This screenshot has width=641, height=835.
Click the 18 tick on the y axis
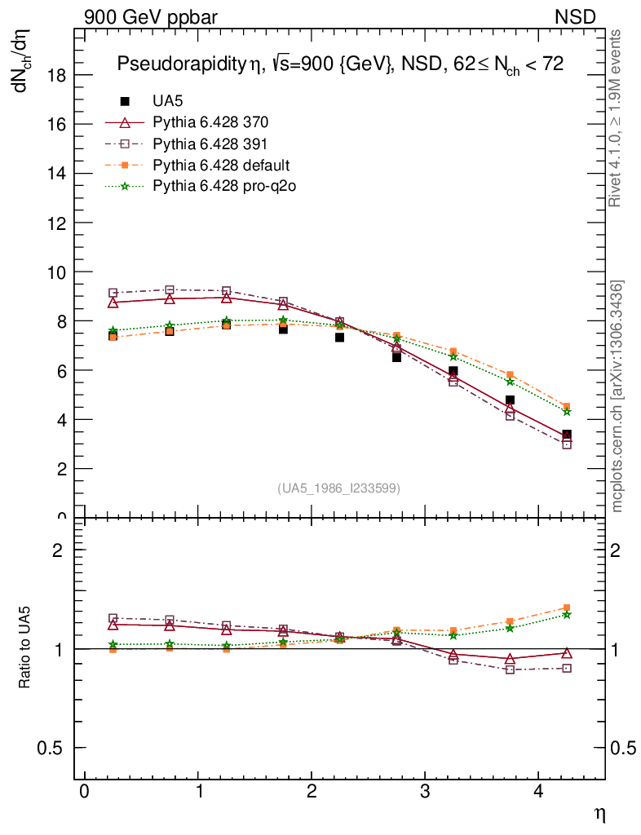60,75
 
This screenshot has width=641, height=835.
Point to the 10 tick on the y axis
60,272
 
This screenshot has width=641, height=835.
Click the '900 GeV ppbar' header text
150,16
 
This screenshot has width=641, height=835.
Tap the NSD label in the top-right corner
576,16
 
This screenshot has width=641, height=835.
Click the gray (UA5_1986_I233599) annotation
339,488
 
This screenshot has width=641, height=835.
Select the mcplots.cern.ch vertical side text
618,396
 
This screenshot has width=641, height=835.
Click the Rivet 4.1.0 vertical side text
617,118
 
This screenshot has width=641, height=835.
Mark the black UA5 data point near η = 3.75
510,400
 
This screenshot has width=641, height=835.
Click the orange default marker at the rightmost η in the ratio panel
567,607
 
